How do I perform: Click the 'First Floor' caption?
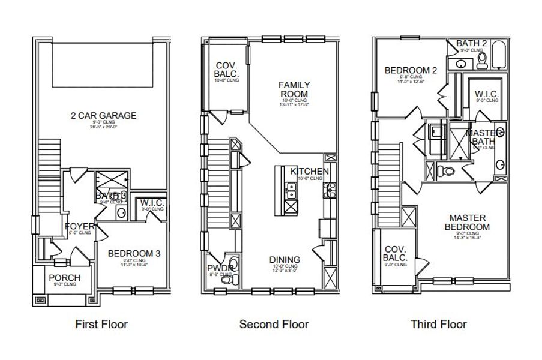point(101,325)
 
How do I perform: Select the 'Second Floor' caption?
point(274,325)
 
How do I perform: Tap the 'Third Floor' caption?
point(438,325)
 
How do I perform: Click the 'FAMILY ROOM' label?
point(294,89)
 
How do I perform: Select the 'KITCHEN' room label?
point(309,172)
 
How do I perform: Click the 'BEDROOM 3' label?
point(134,253)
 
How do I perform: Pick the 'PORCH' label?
point(64,277)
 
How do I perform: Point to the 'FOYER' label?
point(79,226)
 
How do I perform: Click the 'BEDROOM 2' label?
point(410,70)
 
